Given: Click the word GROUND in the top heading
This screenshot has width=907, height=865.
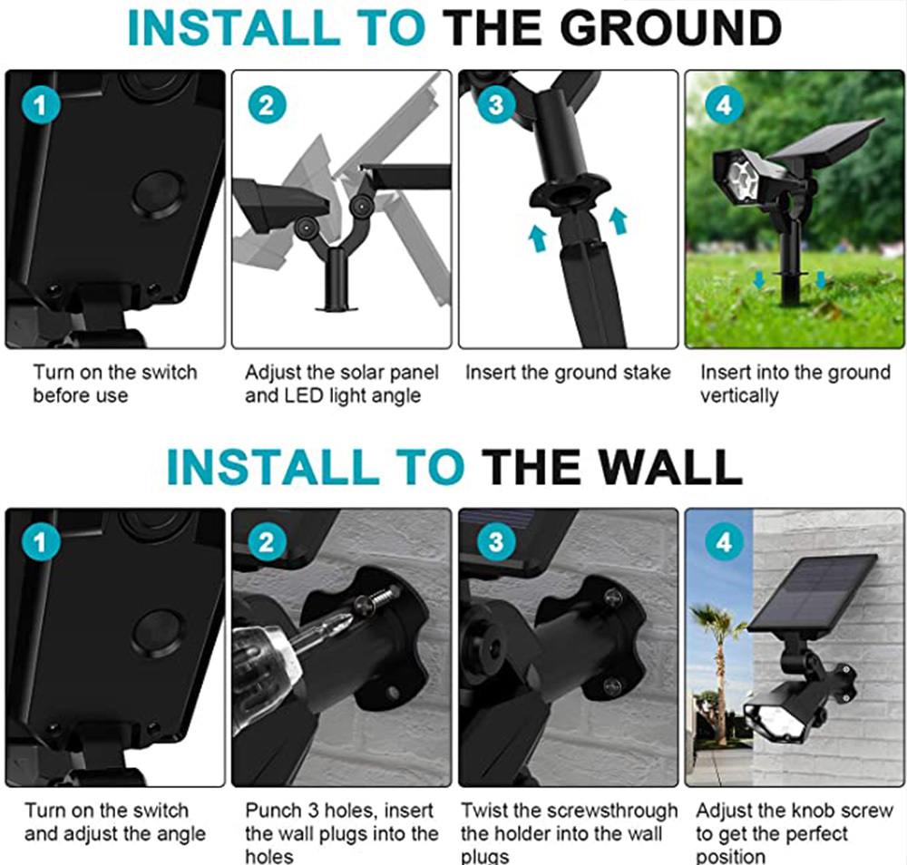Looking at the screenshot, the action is coord(671,28).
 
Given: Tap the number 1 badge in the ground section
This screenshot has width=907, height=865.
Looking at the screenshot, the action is coord(41,105).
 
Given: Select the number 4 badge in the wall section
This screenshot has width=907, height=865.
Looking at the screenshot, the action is coord(724,542).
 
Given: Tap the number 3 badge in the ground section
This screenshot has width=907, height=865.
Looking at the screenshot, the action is coord(496,104).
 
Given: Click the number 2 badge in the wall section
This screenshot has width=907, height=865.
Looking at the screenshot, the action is coord(268,542).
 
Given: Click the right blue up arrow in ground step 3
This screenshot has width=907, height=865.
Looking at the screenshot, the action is coord(619,221).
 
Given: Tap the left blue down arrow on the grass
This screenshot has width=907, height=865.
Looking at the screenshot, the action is coord(759,280).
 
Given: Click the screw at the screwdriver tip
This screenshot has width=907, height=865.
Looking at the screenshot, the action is coord(380,598).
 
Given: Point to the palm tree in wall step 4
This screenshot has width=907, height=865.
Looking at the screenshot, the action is coord(717,665).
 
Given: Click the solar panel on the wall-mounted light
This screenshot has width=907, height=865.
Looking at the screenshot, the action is coord(813,593).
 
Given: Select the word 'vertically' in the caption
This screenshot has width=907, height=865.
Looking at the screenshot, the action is coord(739,396).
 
